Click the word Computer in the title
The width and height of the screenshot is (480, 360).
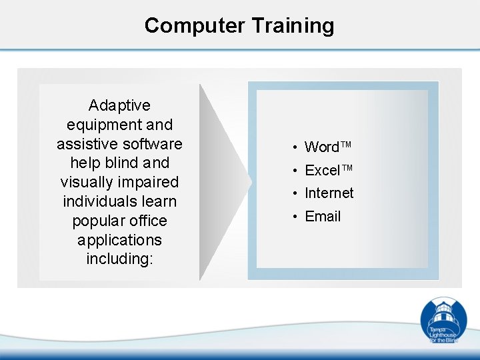(195, 25)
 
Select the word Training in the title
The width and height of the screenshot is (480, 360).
(293, 25)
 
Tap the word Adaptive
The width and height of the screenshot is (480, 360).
(119, 105)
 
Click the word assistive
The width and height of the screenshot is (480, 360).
(83, 143)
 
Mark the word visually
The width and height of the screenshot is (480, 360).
(84, 182)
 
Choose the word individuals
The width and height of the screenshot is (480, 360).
(119, 201)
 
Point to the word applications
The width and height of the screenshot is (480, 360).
(119, 239)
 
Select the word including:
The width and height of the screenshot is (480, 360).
(119, 259)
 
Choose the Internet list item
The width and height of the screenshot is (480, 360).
(329, 193)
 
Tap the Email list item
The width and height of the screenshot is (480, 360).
(323, 216)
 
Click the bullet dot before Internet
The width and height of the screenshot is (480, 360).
(294, 194)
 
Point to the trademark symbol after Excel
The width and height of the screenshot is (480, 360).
(345, 169)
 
